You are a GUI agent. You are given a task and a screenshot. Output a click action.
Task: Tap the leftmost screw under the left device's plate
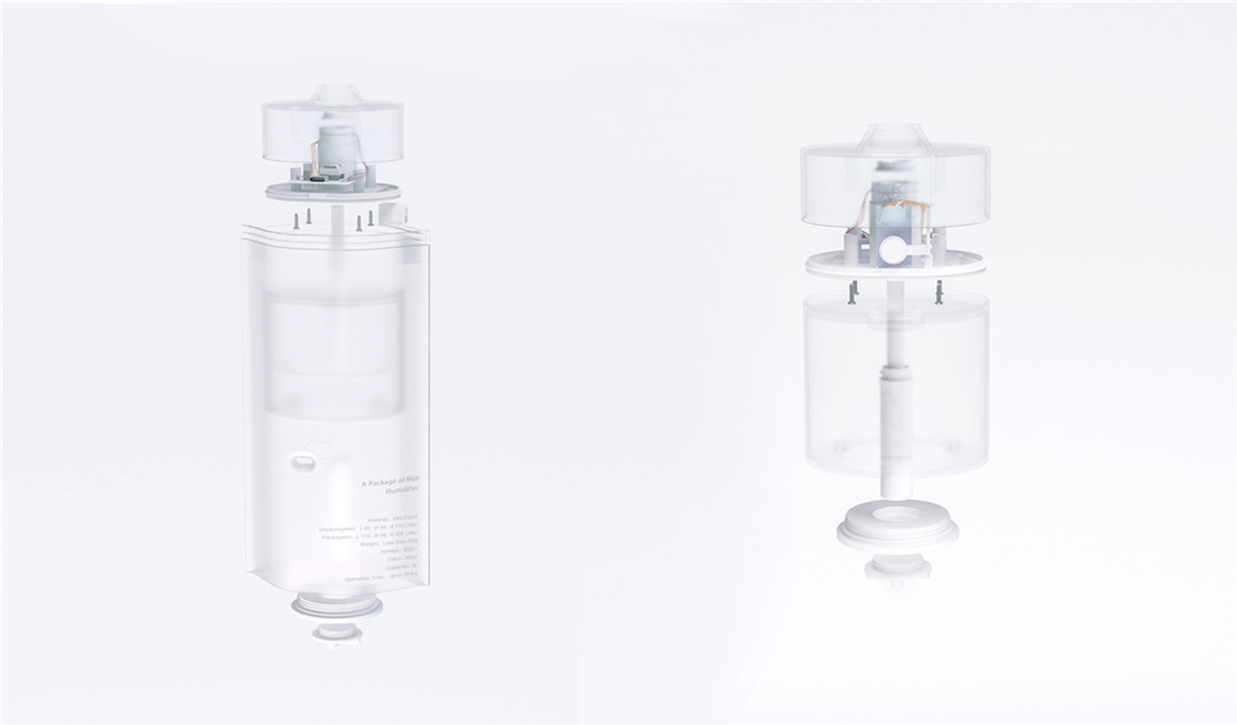[297, 222]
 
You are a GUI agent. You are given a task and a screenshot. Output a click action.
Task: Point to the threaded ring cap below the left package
[337, 607]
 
